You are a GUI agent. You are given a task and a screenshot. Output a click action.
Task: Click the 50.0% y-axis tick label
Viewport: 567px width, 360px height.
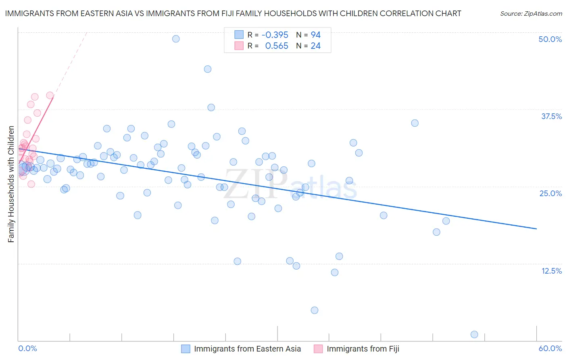[x=550, y=39]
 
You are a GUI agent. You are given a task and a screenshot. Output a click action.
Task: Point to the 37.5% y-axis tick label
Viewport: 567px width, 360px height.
[x=551, y=116]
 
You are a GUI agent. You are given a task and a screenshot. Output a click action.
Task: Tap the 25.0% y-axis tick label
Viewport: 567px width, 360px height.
[x=550, y=193]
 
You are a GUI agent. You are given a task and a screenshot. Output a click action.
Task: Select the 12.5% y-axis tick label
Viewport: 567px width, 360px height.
[x=551, y=271]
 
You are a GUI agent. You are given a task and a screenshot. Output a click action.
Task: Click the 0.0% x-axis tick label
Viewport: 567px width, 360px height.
[x=27, y=348]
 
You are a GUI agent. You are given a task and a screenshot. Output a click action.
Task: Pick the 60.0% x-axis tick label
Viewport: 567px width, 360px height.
[x=550, y=348]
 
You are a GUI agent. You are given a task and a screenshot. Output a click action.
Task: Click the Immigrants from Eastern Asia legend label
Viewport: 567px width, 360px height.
[x=247, y=349]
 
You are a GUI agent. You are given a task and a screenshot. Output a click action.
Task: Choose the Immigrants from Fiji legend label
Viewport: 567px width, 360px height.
[x=363, y=349]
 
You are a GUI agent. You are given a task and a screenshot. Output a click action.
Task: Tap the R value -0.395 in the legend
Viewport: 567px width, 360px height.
[x=275, y=35]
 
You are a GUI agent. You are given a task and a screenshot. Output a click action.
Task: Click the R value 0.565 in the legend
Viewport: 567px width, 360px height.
[x=276, y=46]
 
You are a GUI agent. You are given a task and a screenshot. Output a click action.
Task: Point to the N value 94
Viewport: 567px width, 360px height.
[x=315, y=35]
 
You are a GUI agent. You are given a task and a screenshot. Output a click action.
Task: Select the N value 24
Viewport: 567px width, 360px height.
[x=315, y=46]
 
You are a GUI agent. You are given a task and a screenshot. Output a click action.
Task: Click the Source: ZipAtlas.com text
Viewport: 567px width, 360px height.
[x=531, y=14]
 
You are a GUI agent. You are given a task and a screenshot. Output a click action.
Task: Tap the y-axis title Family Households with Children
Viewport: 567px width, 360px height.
[x=11, y=184]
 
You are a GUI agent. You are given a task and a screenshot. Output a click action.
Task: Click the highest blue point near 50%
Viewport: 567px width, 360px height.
[x=176, y=39]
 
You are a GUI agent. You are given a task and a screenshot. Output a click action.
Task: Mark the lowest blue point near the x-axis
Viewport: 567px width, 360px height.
[x=474, y=335]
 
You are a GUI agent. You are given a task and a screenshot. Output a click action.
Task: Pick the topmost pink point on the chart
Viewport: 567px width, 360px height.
[x=50, y=95]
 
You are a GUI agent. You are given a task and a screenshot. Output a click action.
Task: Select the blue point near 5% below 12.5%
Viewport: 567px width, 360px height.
[x=315, y=310]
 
